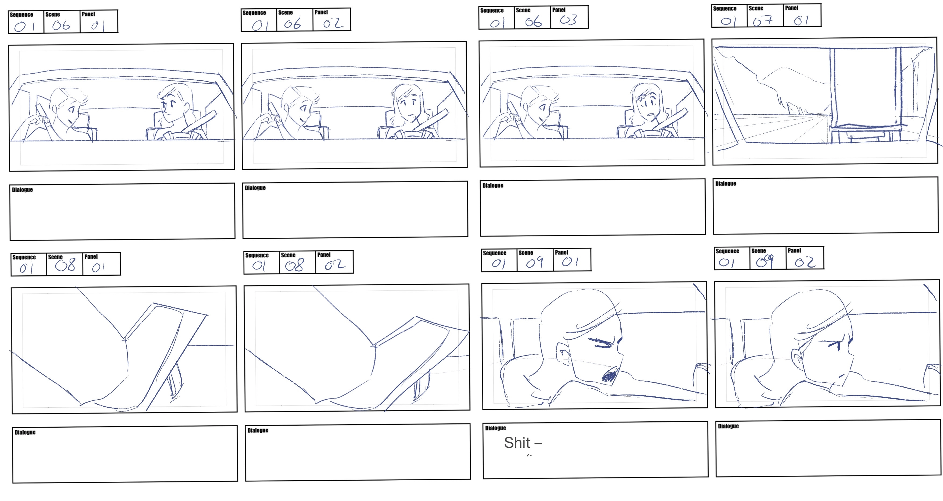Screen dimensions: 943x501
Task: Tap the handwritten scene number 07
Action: tap(763, 20)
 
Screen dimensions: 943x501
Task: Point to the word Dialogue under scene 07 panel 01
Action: tap(726, 183)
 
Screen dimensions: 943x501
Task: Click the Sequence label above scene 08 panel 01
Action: tap(24, 257)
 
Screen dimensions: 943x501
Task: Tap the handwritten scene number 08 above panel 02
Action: tap(295, 265)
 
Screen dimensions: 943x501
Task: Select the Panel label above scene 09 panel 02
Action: tap(794, 251)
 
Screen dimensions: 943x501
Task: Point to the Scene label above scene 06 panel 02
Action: tap(285, 12)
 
